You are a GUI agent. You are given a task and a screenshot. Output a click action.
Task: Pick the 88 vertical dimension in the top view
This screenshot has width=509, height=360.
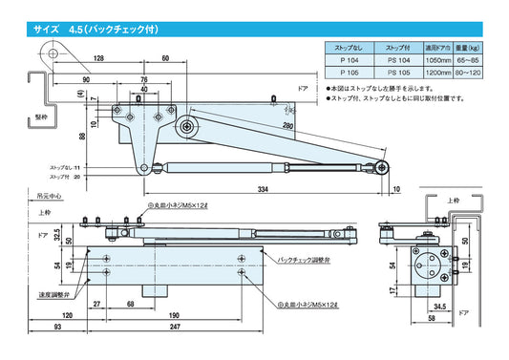click(x=83, y=136)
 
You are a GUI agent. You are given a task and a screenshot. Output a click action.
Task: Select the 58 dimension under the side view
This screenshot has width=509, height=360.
click(x=432, y=316)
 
